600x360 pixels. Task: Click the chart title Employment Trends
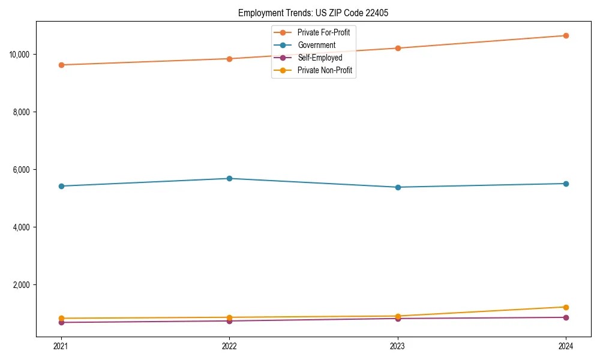pyautogui.click(x=313, y=13)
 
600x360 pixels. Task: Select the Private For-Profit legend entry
pyautogui.click(x=323, y=32)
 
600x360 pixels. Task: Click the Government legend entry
pyautogui.click(x=316, y=45)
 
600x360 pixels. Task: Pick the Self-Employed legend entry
pyautogui.click(x=319, y=58)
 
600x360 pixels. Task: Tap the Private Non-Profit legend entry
pyautogui.click(x=325, y=70)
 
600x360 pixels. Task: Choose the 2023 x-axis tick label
pyautogui.click(x=397, y=346)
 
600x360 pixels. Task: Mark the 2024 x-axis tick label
pyautogui.click(x=566, y=346)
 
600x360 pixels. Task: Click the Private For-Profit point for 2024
pyautogui.click(x=566, y=35)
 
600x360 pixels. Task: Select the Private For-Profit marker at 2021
pyautogui.click(x=61, y=65)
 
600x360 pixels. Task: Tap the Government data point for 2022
pyautogui.click(x=229, y=178)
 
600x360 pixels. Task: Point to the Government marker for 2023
pyautogui.click(x=397, y=187)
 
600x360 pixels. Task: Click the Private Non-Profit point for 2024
pyautogui.click(x=566, y=307)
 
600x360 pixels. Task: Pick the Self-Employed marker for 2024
pyautogui.click(x=566, y=317)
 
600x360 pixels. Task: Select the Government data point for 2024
pyautogui.click(x=566, y=184)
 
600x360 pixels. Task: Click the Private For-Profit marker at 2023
pyautogui.click(x=397, y=48)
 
